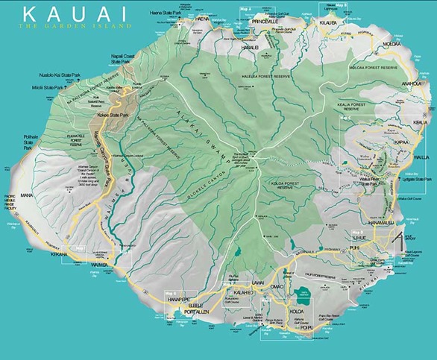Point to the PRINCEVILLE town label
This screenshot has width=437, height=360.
coord(264,22)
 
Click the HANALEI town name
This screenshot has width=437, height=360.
coord(250,46)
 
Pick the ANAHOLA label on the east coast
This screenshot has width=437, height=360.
coord(411,83)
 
